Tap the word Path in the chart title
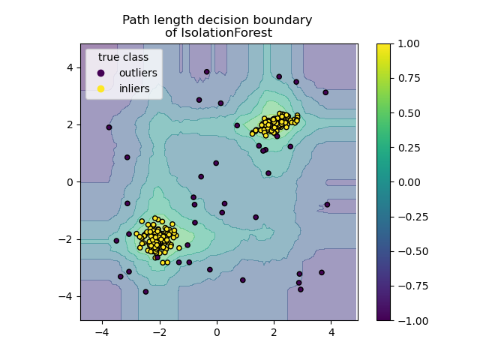pyautogui.click(x=136, y=20)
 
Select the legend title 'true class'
pyautogui.click(x=123, y=57)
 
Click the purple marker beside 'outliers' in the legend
pyautogui.click(x=101, y=73)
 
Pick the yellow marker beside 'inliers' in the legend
pyautogui.click(x=101, y=88)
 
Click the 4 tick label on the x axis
pyautogui.click(x=331, y=331)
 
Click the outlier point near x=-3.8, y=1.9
pyautogui.click(x=109, y=127)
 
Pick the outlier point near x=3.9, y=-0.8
pyautogui.click(x=327, y=205)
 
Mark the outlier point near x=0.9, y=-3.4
pyautogui.click(x=243, y=280)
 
